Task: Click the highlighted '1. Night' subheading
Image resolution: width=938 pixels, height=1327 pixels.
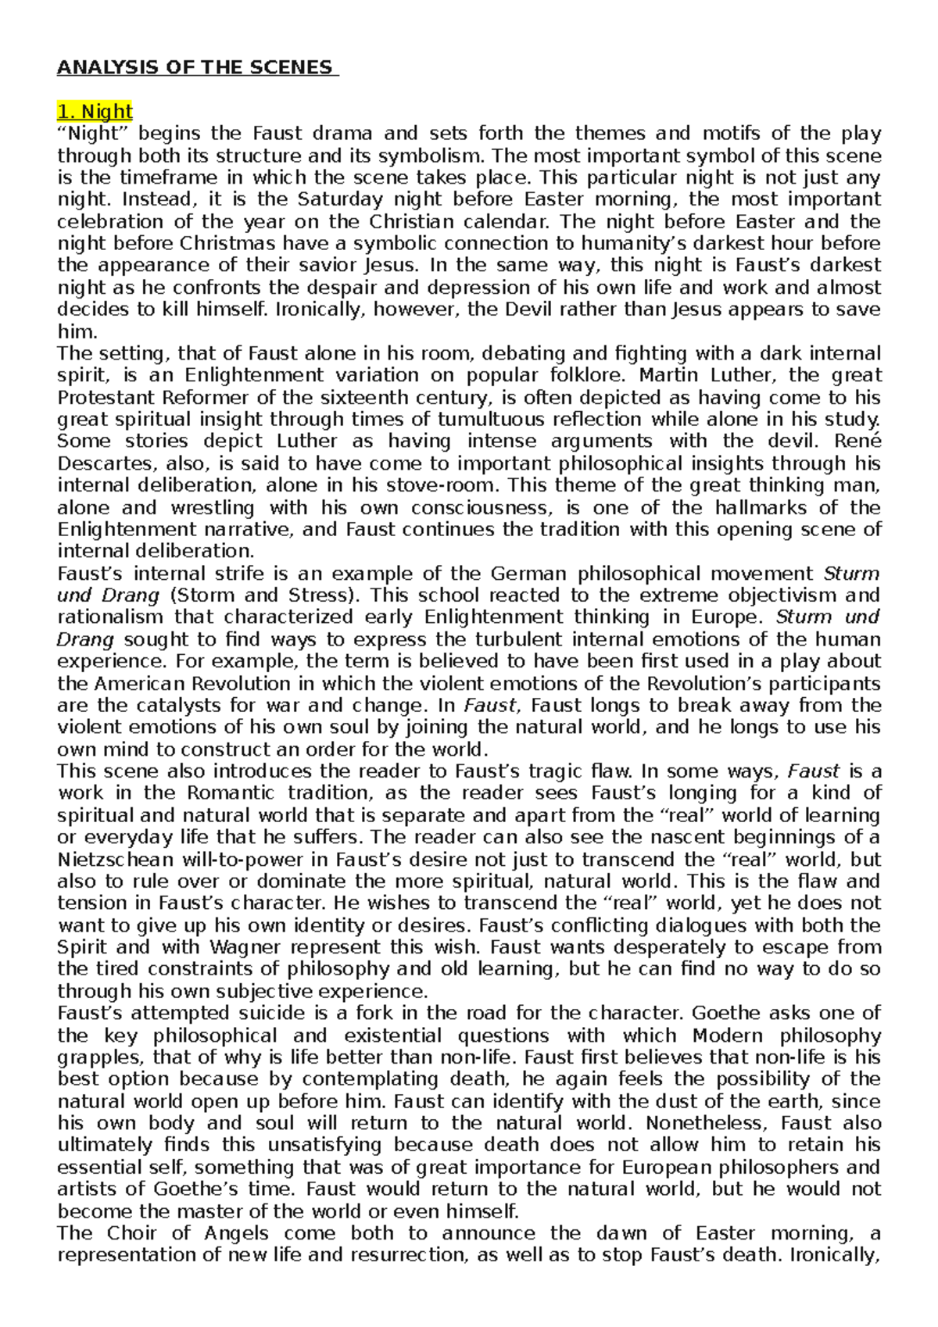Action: tap(95, 111)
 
